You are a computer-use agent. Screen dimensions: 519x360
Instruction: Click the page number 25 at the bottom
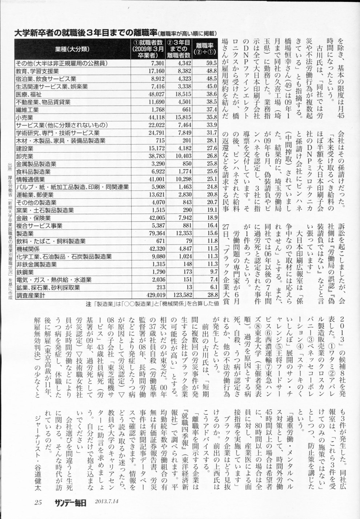point(39,503)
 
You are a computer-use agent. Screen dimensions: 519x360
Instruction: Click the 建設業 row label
point(25,148)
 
